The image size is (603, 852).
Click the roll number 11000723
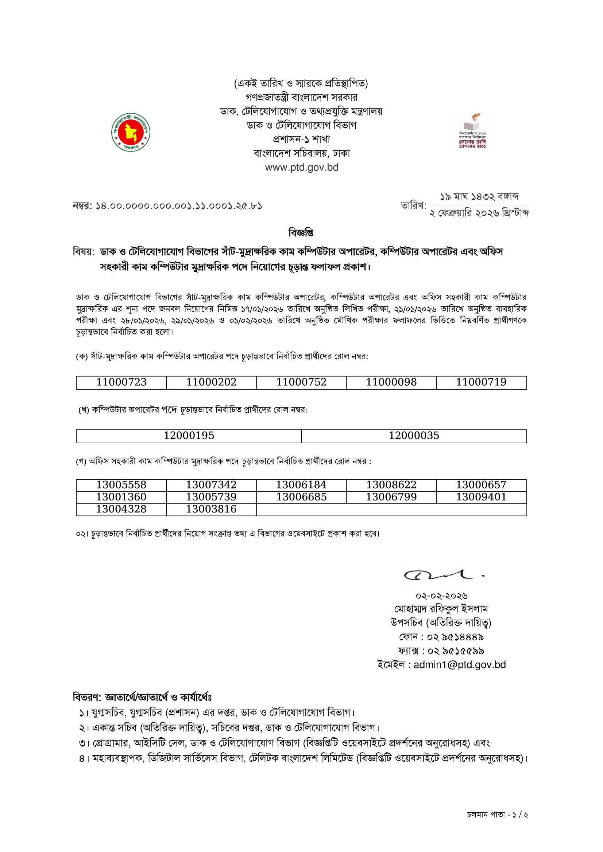pyautogui.click(x=121, y=382)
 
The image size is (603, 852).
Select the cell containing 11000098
pyautogui.click(x=391, y=382)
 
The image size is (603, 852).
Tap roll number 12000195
pyautogui.click(x=189, y=436)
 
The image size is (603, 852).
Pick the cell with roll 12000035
pyautogui.click(x=414, y=436)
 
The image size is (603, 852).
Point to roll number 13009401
pyautogui.click(x=481, y=497)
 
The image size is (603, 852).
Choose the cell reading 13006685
pyautogui.click(x=301, y=497)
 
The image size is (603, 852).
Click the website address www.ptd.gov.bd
pyautogui.click(x=302, y=168)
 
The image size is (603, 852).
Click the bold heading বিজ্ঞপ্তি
pyautogui.click(x=301, y=233)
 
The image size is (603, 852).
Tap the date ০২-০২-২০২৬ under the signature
pyautogui.click(x=441, y=596)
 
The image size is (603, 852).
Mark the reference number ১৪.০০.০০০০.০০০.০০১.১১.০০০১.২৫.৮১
pyautogui.click(x=178, y=206)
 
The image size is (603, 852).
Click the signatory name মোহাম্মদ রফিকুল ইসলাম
pyautogui.click(x=441, y=609)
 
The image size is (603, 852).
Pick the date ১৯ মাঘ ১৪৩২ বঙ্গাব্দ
pyautogui.click(x=479, y=197)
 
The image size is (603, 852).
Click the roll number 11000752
pyautogui.click(x=301, y=382)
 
